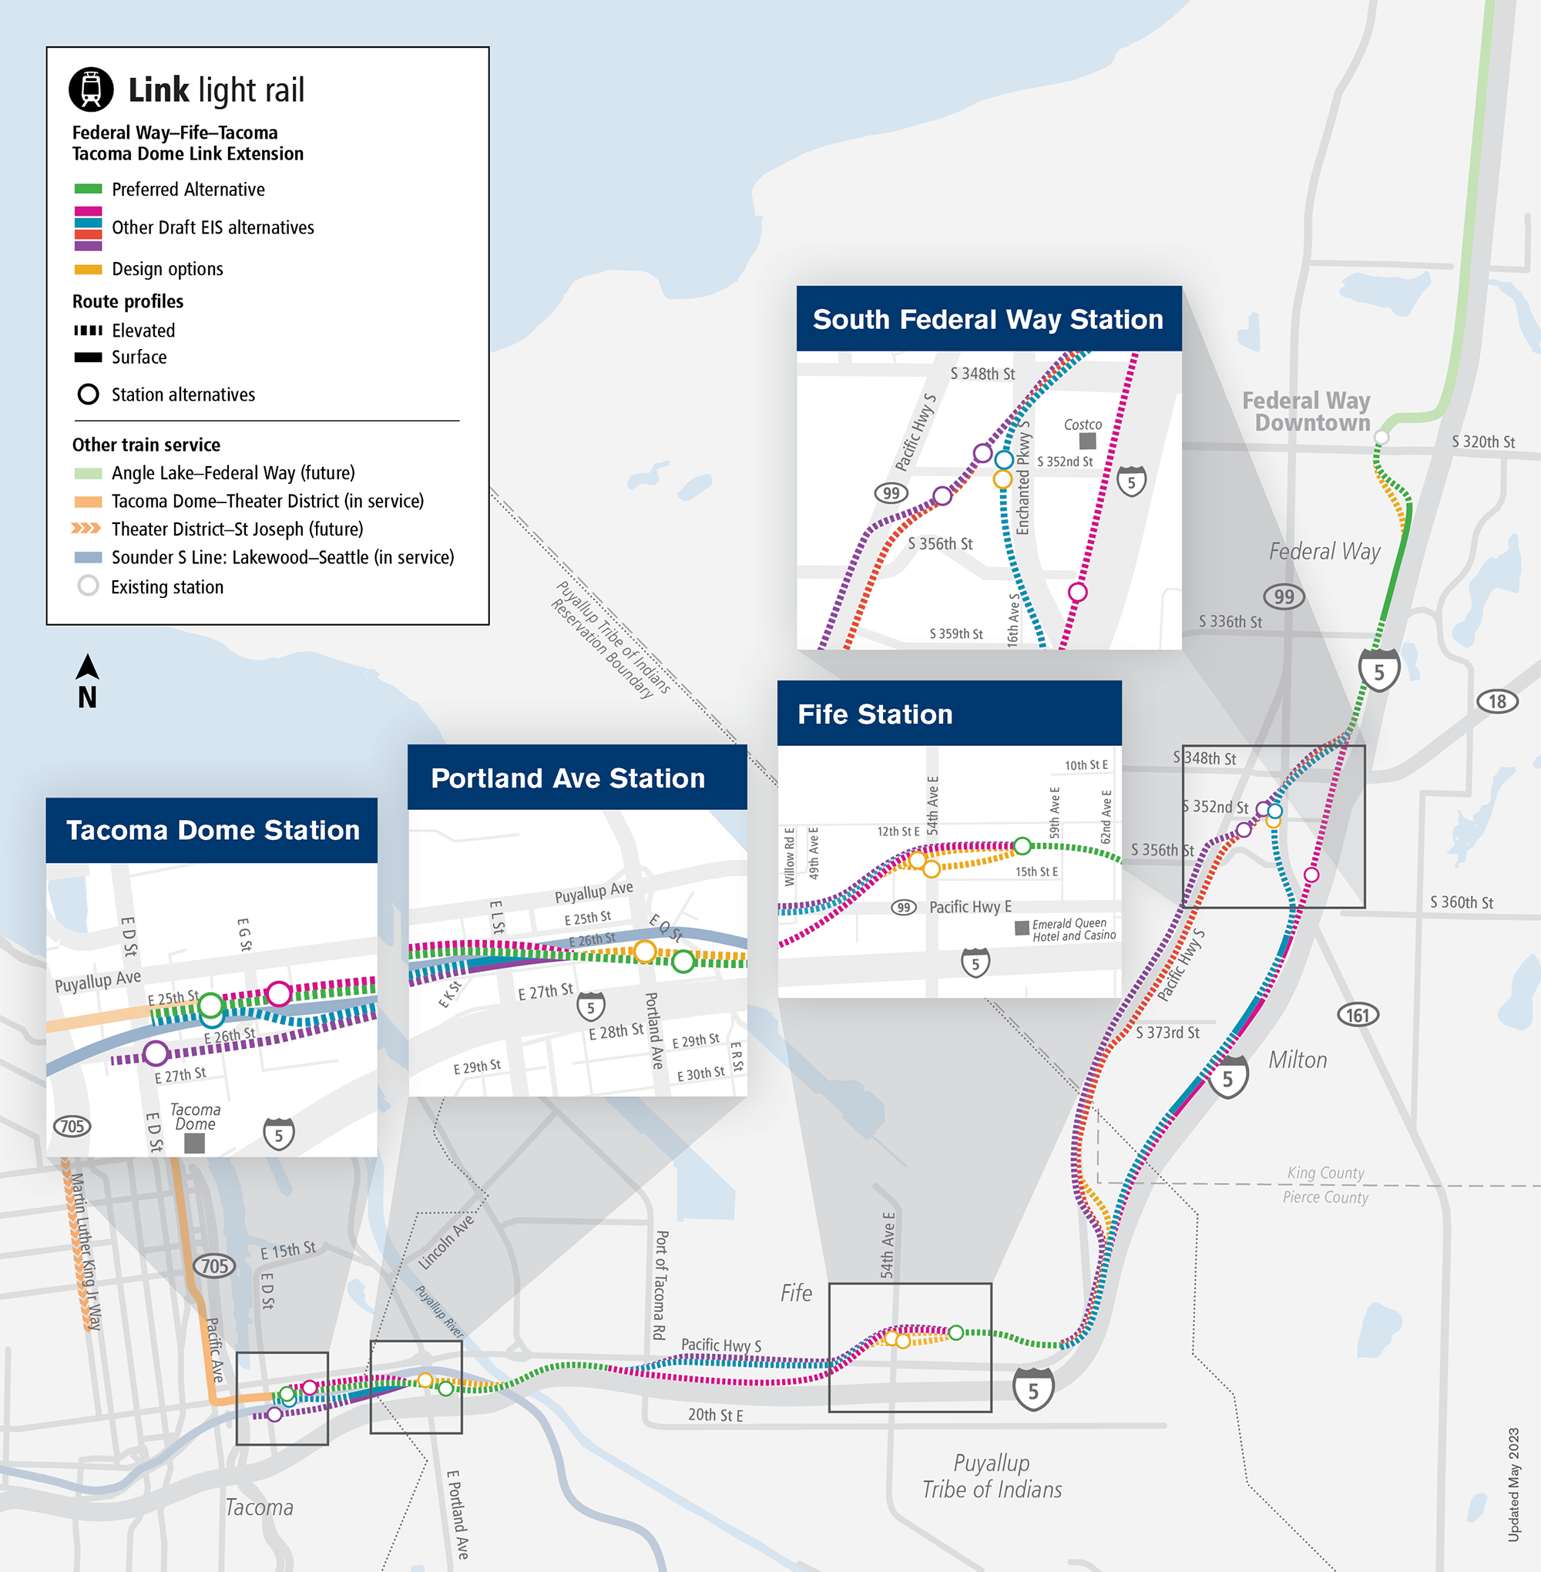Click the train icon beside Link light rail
[x=92, y=89]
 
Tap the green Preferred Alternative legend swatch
[x=88, y=190]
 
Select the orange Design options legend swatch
[x=88, y=270]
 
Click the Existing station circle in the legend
[x=88, y=586]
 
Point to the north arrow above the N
[x=87, y=667]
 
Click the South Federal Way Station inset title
[x=988, y=320]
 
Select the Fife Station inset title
[x=875, y=715]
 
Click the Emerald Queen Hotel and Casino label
[x=1073, y=929]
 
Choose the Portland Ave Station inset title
[x=567, y=779]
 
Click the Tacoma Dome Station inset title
[x=213, y=831]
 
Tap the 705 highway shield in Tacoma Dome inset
[x=72, y=1126]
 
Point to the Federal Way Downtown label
[x=1305, y=412]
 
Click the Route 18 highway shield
[x=1496, y=701]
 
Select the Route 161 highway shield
[x=1358, y=1014]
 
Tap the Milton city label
[x=1298, y=1060]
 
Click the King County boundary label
[x=1325, y=1173]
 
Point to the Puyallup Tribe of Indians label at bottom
[x=992, y=1476]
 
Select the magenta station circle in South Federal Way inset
[x=1077, y=593]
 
